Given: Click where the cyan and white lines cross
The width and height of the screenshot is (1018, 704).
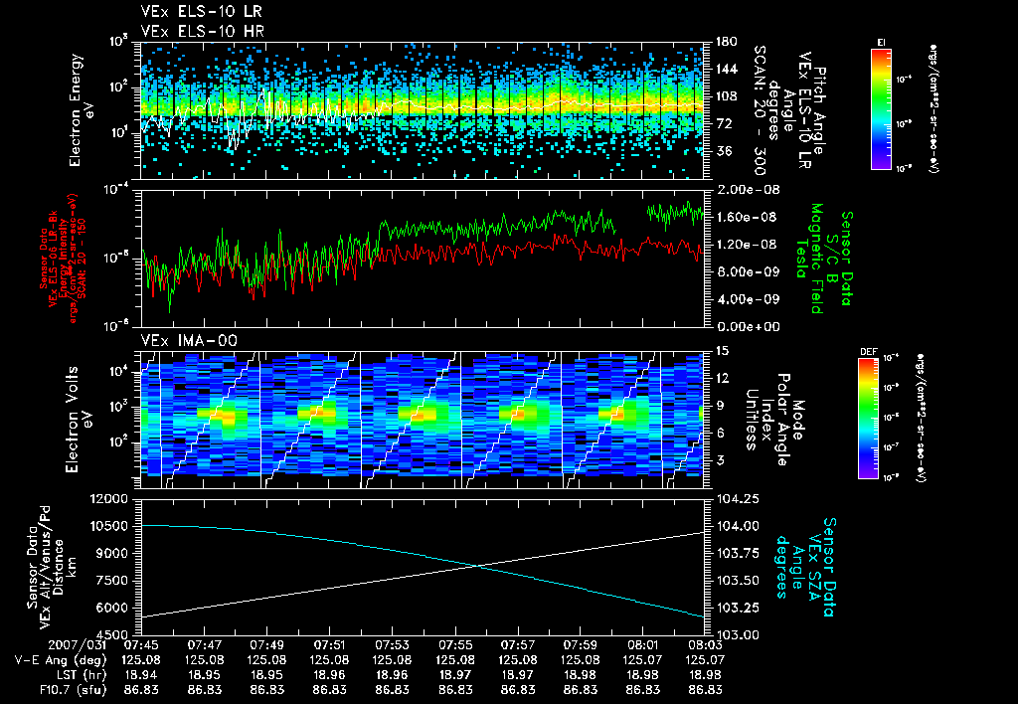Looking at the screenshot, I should pos(480,566).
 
